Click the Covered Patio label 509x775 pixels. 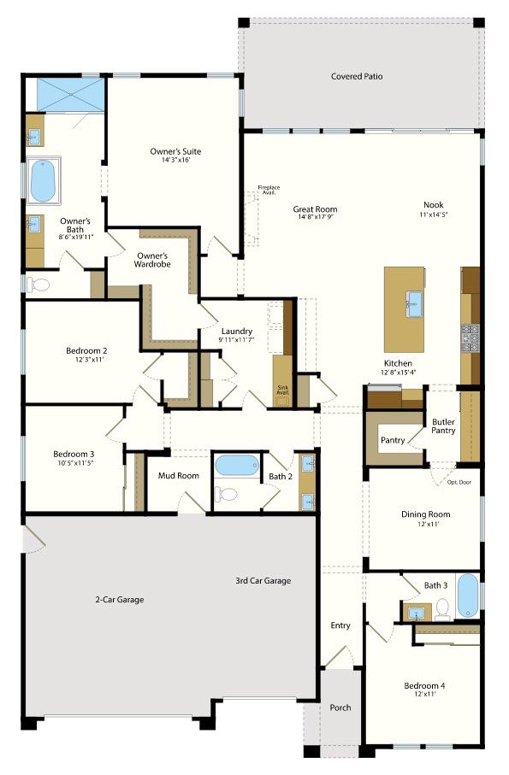[357, 76]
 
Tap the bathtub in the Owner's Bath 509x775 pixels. [43, 180]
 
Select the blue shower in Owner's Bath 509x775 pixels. [71, 94]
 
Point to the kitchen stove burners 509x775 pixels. [470, 338]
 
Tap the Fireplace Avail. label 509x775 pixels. [269, 190]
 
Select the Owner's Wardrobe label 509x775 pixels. [153, 260]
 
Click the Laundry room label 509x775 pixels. [237, 331]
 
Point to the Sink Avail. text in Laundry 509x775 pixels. [282, 390]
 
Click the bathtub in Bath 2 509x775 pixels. [237, 465]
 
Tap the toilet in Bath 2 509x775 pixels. [227, 493]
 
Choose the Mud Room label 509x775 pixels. [179, 475]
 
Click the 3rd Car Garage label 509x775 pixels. [263, 581]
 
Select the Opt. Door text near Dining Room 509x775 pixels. [459, 482]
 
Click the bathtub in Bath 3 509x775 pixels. [467, 596]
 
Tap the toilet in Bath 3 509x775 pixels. [442, 609]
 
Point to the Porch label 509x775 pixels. [340, 707]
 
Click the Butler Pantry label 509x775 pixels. [443, 426]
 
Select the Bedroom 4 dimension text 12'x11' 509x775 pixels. [425, 694]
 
